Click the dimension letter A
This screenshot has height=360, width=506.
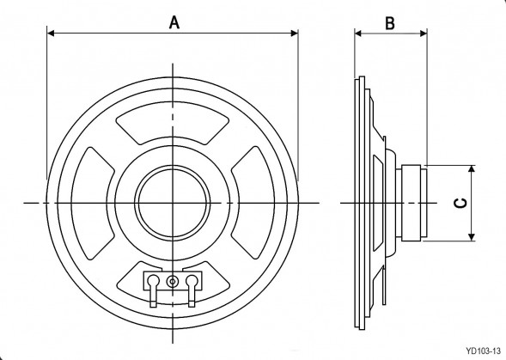(x=173, y=22)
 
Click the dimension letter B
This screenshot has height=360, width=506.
(x=389, y=22)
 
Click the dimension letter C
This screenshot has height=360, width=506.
(x=460, y=203)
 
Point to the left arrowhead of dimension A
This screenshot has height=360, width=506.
(x=50, y=34)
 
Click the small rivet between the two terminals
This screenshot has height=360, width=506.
(x=173, y=281)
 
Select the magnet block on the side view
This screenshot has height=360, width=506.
(x=415, y=203)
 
